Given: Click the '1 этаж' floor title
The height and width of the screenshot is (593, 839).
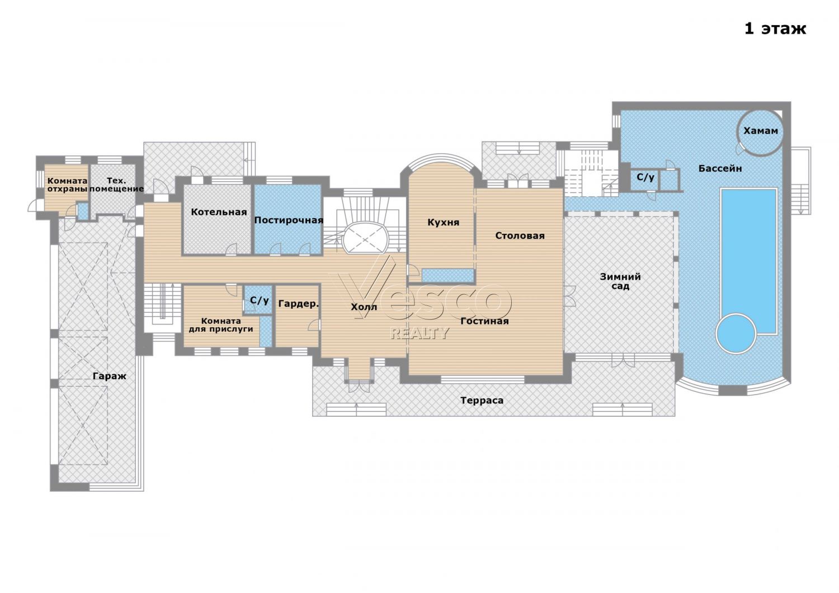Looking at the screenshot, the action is pyautogui.click(x=775, y=29).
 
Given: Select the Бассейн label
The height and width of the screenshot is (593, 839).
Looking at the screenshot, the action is pyautogui.click(x=720, y=168).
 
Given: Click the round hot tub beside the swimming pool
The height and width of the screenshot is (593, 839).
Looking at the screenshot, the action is pyautogui.click(x=736, y=333).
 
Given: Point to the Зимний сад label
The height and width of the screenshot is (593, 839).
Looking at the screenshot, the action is pyautogui.click(x=620, y=281).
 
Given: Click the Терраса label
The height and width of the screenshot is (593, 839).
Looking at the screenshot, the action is pyautogui.click(x=482, y=401).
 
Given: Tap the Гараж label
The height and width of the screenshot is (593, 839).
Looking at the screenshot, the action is pyautogui.click(x=110, y=376).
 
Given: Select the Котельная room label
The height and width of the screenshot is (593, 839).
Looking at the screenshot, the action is pyautogui.click(x=219, y=212).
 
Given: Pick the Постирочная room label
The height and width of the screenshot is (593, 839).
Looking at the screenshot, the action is pyautogui.click(x=289, y=220).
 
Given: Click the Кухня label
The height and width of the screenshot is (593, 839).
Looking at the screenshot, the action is pyautogui.click(x=443, y=223).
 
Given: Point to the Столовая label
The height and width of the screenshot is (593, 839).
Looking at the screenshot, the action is pyautogui.click(x=520, y=236).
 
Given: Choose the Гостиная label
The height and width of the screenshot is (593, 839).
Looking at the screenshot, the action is pyautogui.click(x=484, y=321).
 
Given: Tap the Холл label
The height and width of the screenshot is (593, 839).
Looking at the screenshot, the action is pyautogui.click(x=364, y=307).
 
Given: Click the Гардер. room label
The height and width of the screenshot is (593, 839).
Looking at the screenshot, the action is pyautogui.click(x=298, y=304).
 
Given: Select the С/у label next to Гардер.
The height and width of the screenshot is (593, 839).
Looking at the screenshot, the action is pyautogui.click(x=260, y=300).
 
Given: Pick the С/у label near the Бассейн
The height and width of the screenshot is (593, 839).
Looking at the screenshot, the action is pyautogui.click(x=645, y=177).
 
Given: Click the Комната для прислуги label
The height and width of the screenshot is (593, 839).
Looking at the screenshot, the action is pyautogui.click(x=220, y=325).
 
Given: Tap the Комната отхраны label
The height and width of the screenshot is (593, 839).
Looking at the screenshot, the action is pyautogui.click(x=67, y=185).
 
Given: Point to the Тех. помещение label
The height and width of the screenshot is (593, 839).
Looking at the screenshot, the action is pyautogui.click(x=116, y=185).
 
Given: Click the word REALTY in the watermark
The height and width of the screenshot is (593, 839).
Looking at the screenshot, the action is pyautogui.click(x=419, y=333).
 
